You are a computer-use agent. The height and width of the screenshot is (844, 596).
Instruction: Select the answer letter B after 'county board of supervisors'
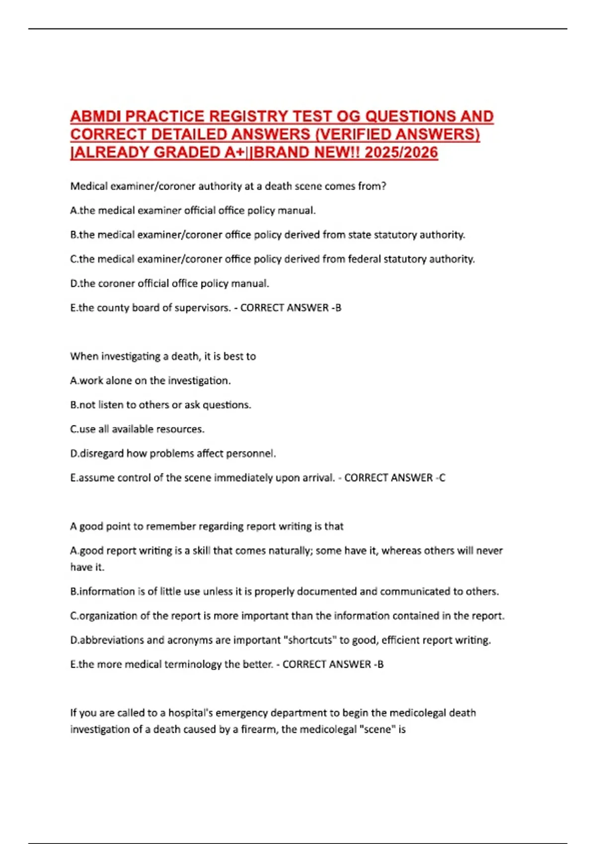coord(338,308)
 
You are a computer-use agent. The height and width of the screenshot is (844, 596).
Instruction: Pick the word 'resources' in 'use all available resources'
coord(180,429)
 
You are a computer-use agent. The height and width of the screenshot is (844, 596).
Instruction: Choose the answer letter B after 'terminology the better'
coord(380,665)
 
